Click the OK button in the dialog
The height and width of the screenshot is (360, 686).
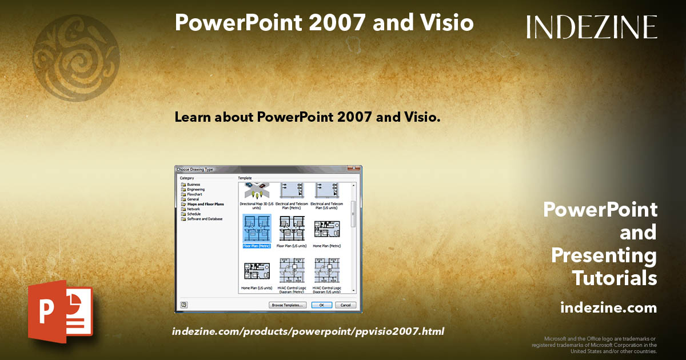click(321, 305)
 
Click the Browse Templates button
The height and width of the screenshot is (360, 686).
click(288, 305)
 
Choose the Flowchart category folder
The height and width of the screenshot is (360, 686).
click(194, 194)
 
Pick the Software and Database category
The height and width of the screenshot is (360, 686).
click(204, 219)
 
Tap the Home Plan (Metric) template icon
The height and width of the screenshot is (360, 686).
click(326, 229)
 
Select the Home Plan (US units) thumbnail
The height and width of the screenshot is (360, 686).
click(257, 271)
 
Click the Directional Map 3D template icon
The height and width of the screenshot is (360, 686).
click(257, 190)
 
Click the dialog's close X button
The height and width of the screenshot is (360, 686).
click(357, 169)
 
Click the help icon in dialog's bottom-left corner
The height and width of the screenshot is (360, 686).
click(184, 305)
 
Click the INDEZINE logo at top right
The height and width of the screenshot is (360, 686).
click(592, 27)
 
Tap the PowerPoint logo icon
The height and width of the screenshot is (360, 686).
click(61, 313)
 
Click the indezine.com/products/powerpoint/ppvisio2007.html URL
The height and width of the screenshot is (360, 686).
click(308, 331)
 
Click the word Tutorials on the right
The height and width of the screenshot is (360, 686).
click(615, 278)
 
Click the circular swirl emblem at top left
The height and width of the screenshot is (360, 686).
click(76, 50)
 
